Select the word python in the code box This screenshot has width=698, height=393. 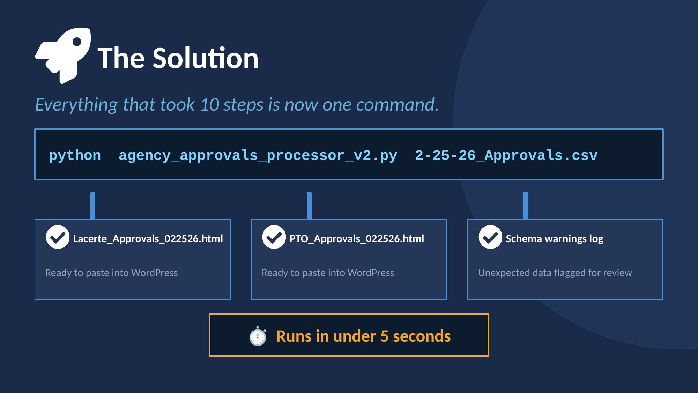75,155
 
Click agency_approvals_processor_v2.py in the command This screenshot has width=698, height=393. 258,155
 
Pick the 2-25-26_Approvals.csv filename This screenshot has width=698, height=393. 506,155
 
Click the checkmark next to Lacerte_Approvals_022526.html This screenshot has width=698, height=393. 58,237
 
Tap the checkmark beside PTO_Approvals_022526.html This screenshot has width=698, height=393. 274,237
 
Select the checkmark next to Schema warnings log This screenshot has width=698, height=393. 490,237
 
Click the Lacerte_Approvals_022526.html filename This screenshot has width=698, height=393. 148,239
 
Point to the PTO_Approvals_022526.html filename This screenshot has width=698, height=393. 357,239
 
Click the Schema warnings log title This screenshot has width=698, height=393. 554,239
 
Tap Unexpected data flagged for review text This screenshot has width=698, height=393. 555,273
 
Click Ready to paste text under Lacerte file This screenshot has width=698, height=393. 112,273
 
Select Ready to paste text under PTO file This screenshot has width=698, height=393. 328,273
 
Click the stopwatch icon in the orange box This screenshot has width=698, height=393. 258,336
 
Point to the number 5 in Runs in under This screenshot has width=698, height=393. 384,336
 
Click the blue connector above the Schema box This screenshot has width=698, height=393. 526,206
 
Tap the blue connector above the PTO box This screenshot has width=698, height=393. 309,206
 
